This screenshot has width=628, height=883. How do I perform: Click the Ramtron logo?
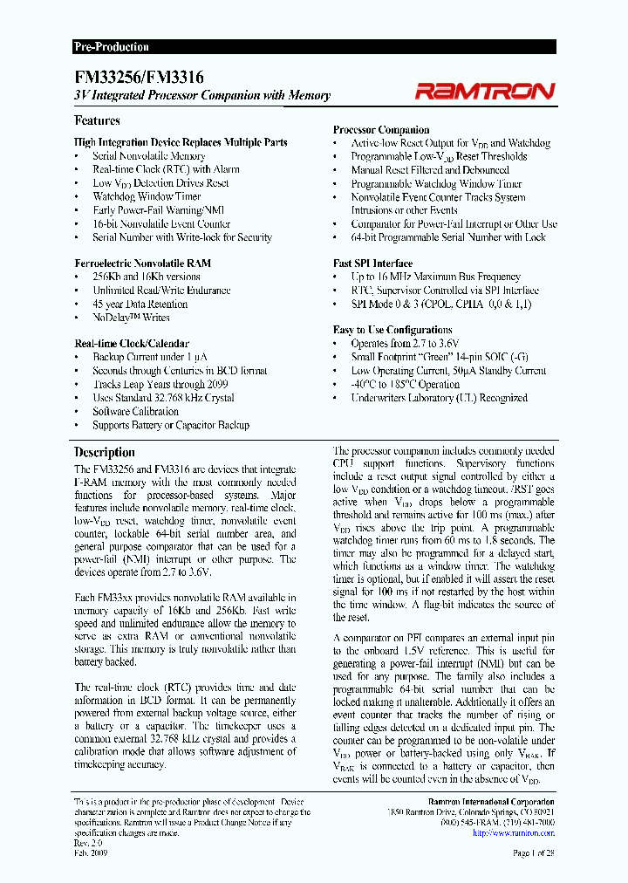[x=485, y=91]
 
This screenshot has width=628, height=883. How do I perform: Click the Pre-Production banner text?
[x=111, y=47]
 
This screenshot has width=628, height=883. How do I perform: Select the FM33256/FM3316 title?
[x=140, y=77]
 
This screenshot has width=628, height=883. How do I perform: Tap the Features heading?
[x=97, y=120]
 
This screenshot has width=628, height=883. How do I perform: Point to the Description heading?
[x=105, y=452]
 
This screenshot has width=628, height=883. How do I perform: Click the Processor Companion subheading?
[x=381, y=129]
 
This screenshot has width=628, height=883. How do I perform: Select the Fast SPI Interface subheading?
[x=372, y=263]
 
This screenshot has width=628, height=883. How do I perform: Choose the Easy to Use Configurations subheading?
[x=392, y=330]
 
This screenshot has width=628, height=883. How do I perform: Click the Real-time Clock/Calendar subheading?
[x=131, y=344]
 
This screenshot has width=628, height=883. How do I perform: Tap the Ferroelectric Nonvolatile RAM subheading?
[x=142, y=263]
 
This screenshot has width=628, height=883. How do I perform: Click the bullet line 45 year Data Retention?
[x=140, y=304]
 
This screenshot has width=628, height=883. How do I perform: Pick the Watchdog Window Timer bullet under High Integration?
[x=147, y=196]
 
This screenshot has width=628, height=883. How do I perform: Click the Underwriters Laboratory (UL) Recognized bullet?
[x=439, y=398]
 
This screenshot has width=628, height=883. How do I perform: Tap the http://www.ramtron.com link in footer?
[x=513, y=832]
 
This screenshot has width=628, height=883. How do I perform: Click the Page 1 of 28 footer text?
[x=533, y=852]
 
